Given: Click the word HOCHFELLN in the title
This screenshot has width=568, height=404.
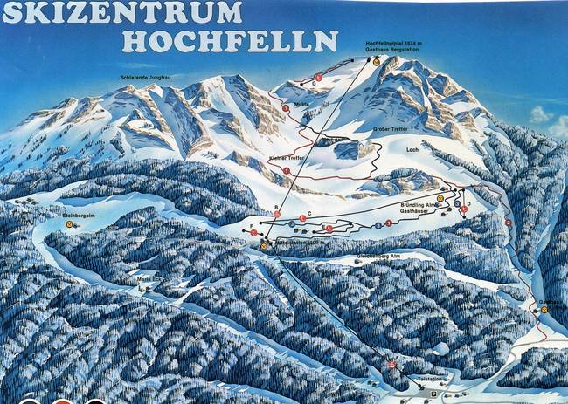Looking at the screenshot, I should pyautogui.click(x=231, y=41).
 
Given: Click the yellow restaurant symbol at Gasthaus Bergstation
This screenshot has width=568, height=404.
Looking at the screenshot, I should pyautogui.click(x=377, y=61).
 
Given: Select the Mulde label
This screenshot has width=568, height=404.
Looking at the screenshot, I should pyautogui.click(x=303, y=102).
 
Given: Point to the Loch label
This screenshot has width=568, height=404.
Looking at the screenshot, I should pyautogui.click(x=413, y=150).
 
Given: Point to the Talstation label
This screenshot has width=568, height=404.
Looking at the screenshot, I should pyautogui.click(x=430, y=380).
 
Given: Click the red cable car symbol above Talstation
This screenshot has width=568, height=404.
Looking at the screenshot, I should pyautogui.click(x=392, y=363).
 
